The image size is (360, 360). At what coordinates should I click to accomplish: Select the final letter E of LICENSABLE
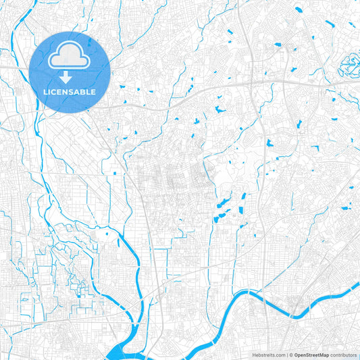pyautogui.click(x=94, y=92)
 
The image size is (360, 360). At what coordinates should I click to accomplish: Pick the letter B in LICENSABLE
pyautogui.click(x=82, y=92)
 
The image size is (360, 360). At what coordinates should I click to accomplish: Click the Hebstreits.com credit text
pyautogui.click(x=269, y=354)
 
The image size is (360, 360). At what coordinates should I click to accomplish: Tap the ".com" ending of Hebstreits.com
pyautogui.click(x=280, y=354)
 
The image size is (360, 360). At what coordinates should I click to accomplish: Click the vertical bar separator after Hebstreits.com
pyautogui.click(x=288, y=354)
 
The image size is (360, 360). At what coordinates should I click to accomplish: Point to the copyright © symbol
pyautogui.click(x=292, y=354)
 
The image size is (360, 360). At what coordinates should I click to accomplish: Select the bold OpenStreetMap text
pyautogui.click(x=311, y=354)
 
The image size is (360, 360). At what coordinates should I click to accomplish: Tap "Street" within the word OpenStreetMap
pyautogui.click(x=312, y=354)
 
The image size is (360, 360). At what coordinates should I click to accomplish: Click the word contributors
pyautogui.click(x=344, y=354)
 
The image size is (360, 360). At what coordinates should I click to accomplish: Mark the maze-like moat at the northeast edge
pyautogui.click(x=350, y=66)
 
